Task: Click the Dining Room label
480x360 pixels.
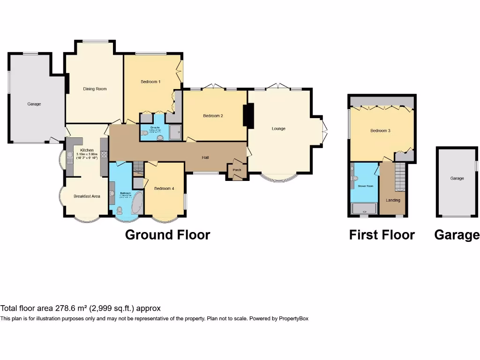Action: [95, 89]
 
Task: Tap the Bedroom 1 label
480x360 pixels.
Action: [150, 82]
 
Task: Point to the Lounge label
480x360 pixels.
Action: [278, 128]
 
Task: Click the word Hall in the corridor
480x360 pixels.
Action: [205, 157]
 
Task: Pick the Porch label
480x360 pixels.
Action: [237, 170]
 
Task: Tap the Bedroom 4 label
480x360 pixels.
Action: [164, 188]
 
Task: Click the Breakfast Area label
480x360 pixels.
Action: [87, 196]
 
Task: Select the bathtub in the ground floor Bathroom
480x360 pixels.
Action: [137, 203]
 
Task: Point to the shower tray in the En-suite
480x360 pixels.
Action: [174, 133]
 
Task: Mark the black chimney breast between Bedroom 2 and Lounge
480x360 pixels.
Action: [248, 116]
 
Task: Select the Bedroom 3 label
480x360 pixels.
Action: [380, 131]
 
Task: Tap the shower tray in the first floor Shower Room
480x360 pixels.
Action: [364, 209]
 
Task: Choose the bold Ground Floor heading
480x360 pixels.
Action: [167, 235]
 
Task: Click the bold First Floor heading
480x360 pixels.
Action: [382, 235]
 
